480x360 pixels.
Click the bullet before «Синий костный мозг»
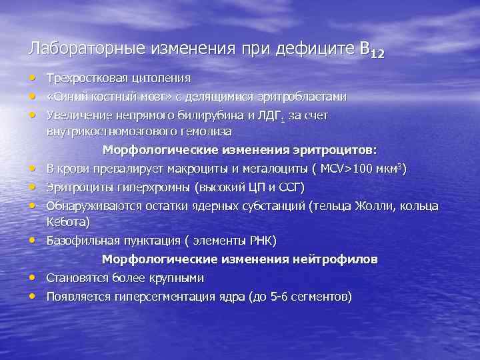[32, 97]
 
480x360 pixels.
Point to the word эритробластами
[307, 97]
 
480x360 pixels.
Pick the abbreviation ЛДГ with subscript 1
[269, 115]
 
